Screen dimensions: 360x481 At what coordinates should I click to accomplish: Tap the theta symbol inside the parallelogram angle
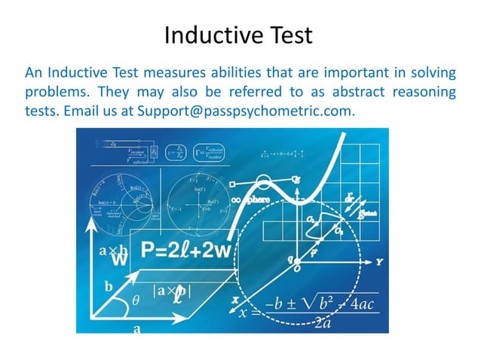point(136,300)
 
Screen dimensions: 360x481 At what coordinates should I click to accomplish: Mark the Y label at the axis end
point(378,261)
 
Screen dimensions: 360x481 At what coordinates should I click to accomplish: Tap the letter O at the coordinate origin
point(297,268)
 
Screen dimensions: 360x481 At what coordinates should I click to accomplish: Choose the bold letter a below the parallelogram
point(136,328)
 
